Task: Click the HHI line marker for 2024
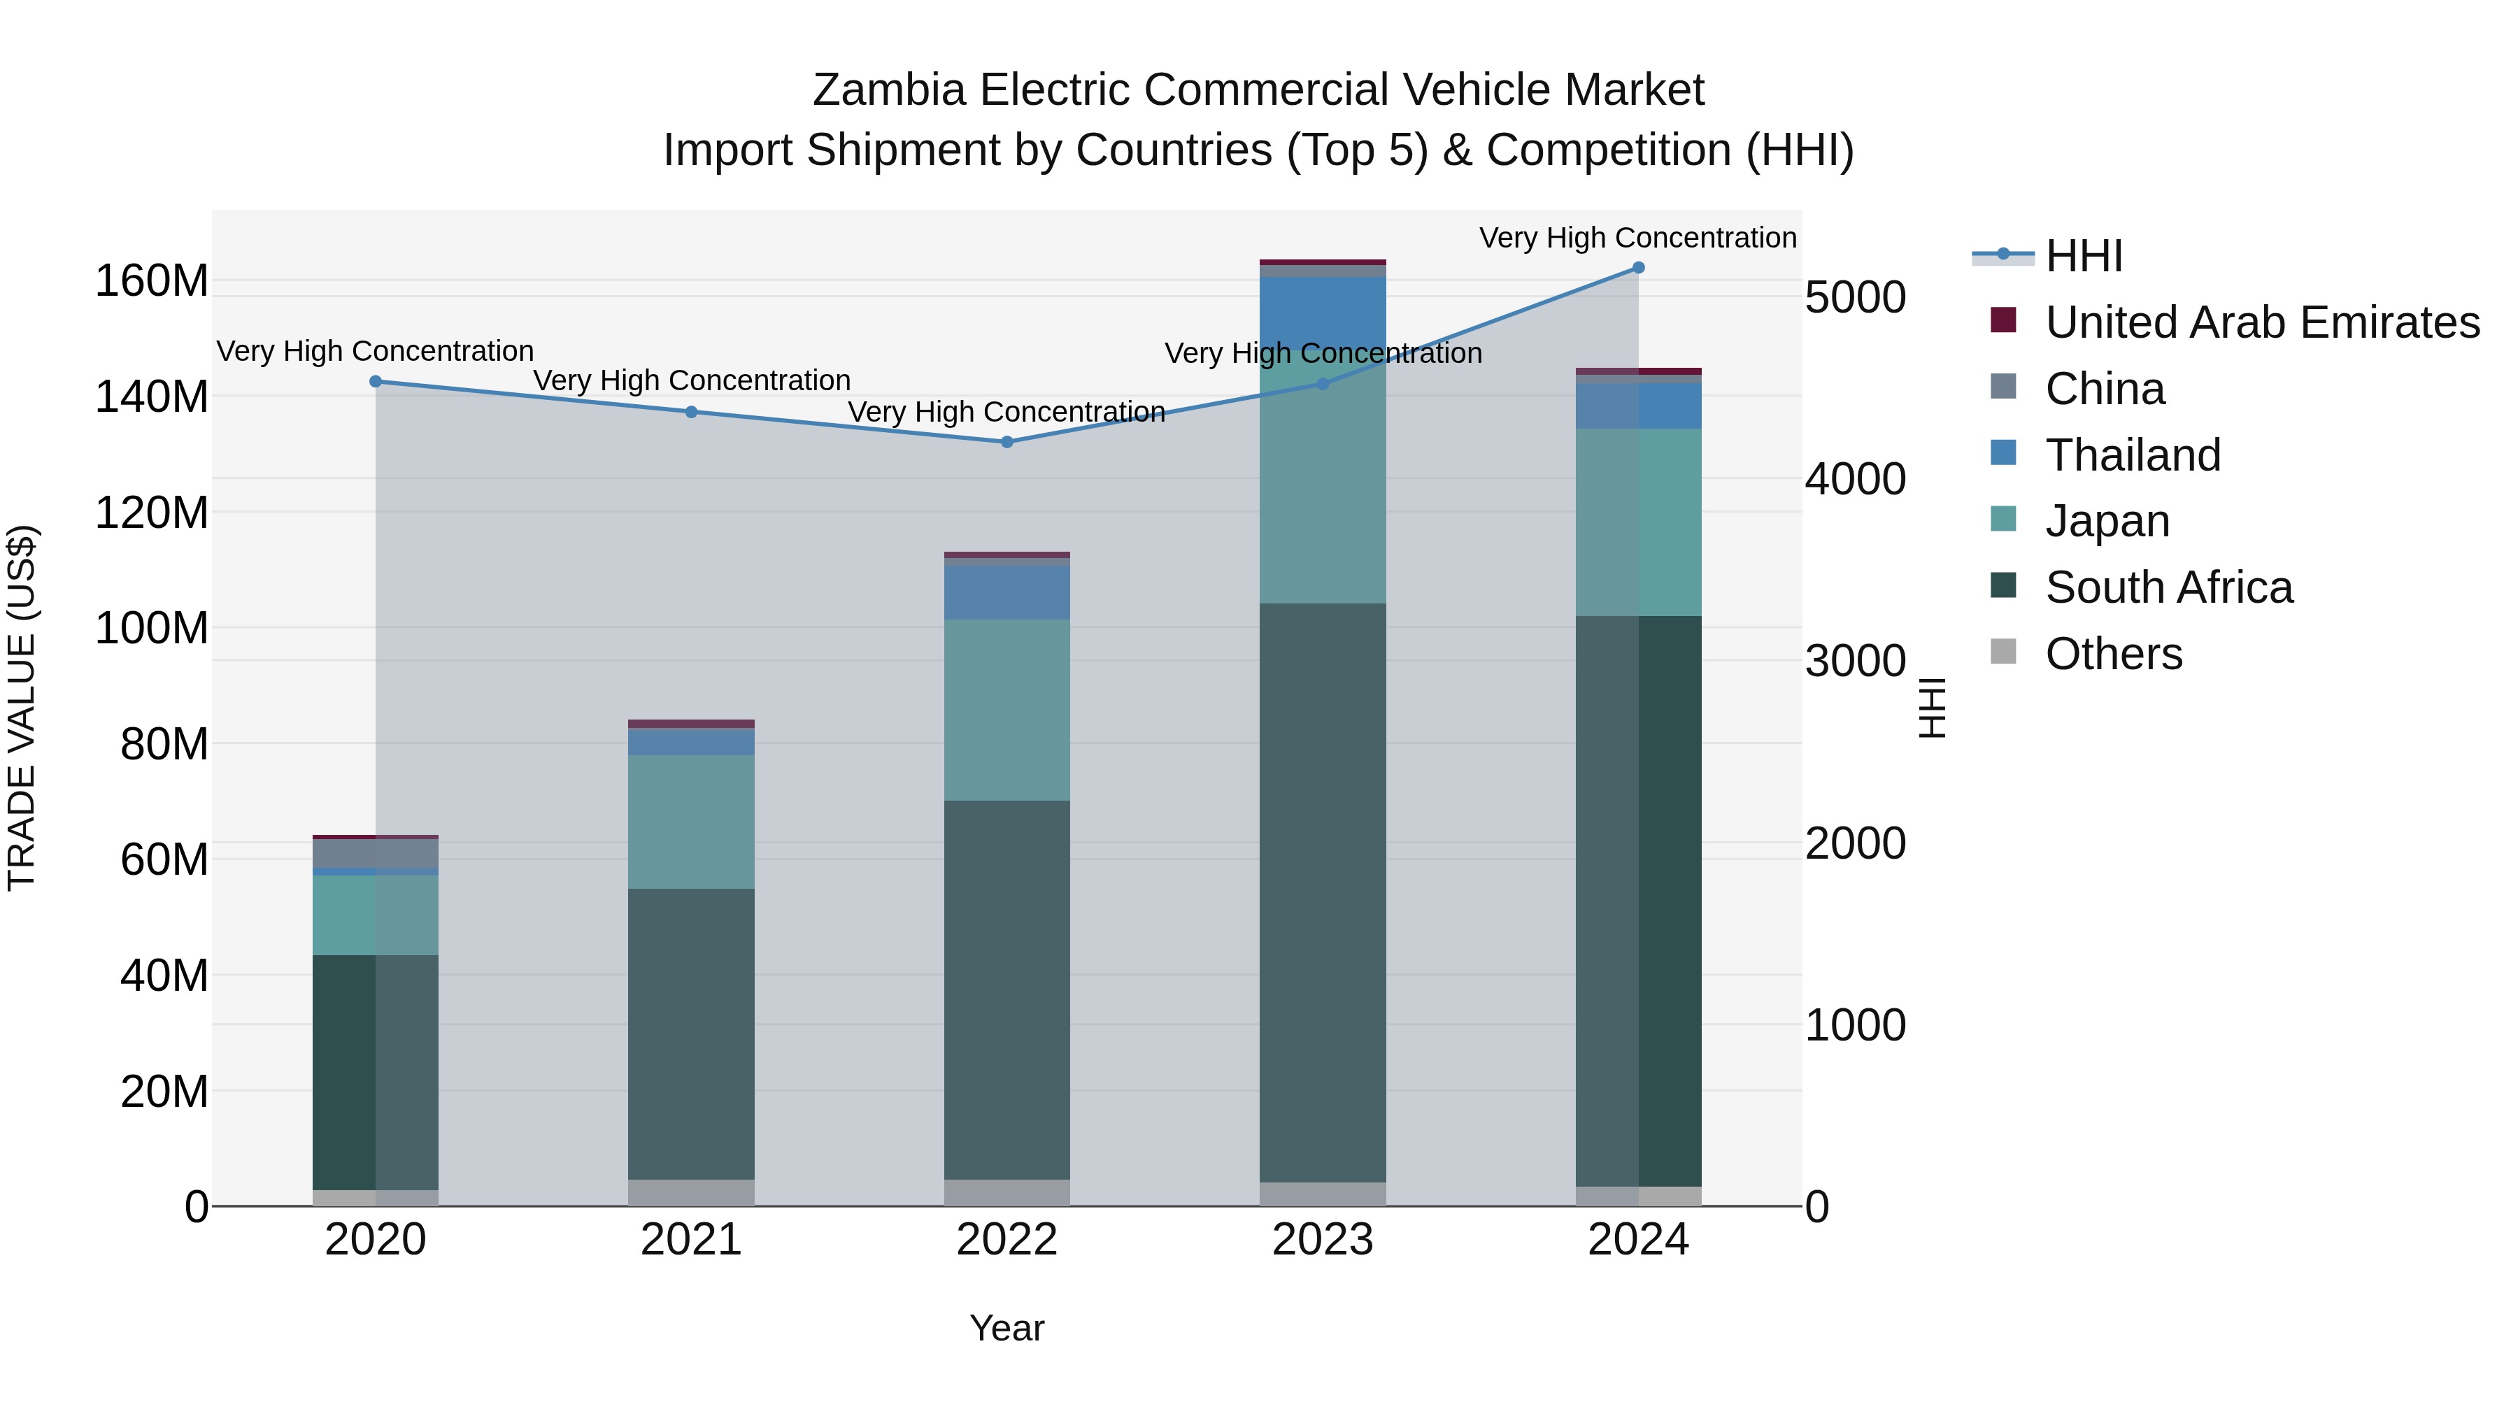[x=1638, y=268]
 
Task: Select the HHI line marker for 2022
[x=1007, y=442]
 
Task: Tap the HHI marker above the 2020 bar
[x=376, y=382]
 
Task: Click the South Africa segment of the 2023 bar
[x=1323, y=892]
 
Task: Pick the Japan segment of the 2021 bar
[x=691, y=821]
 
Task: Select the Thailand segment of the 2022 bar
[x=1007, y=592]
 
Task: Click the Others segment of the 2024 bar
[x=1638, y=1196]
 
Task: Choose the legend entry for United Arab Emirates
[x=2262, y=322]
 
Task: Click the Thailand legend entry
[x=2133, y=455]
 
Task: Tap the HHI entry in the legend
[x=2083, y=256]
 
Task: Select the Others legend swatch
[x=2003, y=652]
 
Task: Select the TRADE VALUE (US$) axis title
[x=22, y=708]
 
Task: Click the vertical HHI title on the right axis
[x=1931, y=708]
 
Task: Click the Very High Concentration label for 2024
[x=1637, y=238]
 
